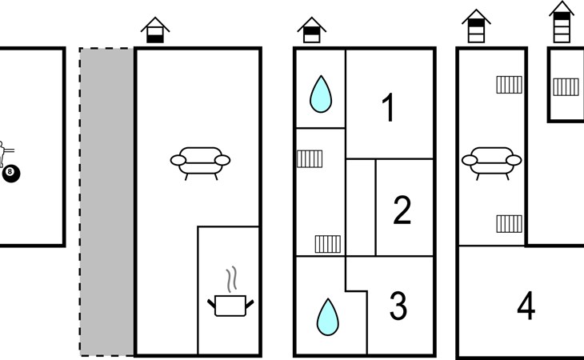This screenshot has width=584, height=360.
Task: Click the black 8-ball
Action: (x=10, y=173)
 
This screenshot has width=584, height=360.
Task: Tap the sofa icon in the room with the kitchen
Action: (x=200, y=161)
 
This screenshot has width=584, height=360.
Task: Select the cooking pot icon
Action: (x=230, y=305)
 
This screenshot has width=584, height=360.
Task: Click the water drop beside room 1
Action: (x=320, y=94)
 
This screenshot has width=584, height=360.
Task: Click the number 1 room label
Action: (x=389, y=108)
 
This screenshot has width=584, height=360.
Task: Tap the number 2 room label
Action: (x=402, y=210)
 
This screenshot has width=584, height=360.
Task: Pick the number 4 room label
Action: (x=526, y=306)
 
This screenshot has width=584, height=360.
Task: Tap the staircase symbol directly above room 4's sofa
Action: (x=509, y=84)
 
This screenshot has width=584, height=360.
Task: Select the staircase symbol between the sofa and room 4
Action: (x=509, y=222)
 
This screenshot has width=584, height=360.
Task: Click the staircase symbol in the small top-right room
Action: (x=566, y=86)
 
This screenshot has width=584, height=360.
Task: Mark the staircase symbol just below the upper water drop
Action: (x=310, y=158)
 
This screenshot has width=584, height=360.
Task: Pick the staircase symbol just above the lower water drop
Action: (x=327, y=242)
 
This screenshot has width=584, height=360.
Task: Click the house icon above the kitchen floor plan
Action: (x=155, y=30)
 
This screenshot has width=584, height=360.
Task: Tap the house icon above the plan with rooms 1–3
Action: (x=311, y=30)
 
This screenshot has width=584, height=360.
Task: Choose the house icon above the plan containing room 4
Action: (x=476, y=28)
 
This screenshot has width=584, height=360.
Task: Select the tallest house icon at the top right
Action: (x=562, y=22)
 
